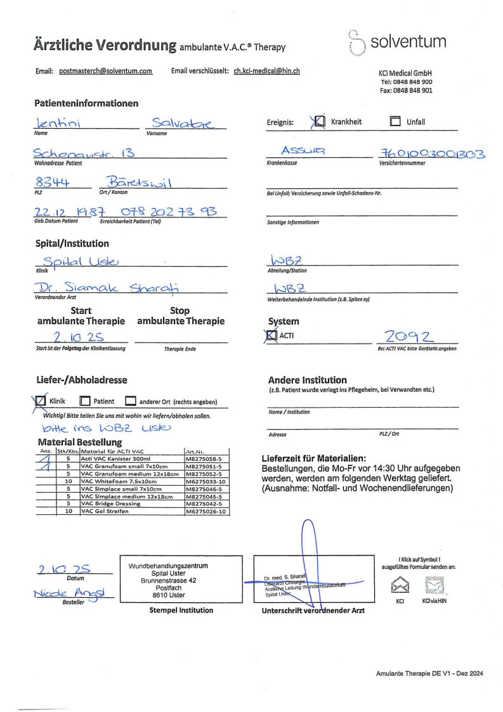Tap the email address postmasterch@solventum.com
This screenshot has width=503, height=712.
click(105, 71)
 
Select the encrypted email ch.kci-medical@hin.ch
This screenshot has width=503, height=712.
click(266, 71)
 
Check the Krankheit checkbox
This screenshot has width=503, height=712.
click(320, 121)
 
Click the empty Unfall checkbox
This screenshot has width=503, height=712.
click(395, 122)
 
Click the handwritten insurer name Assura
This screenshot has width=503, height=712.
click(303, 151)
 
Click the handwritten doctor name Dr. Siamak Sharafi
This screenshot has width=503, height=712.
click(107, 288)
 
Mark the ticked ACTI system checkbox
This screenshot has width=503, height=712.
click(272, 335)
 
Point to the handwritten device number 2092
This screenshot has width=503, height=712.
click(408, 336)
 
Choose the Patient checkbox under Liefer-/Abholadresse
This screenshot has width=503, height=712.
click(86, 401)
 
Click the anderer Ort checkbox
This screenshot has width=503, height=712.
click(131, 401)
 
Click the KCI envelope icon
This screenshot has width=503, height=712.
click(400, 585)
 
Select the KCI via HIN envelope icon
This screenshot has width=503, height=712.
click(434, 585)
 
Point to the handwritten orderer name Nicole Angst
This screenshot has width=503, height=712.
click(72, 593)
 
